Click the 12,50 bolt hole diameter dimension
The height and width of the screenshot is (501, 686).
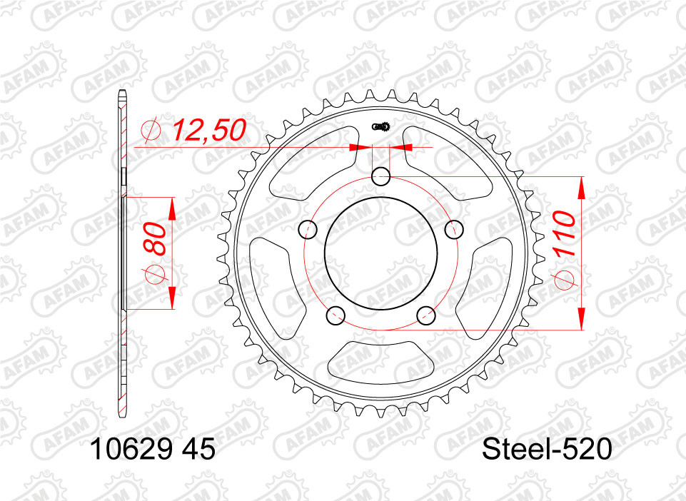coord(208,130)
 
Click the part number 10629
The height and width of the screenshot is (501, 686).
coord(128,450)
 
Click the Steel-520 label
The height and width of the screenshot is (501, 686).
coord(546,450)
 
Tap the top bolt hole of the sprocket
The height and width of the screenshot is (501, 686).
coord(380,177)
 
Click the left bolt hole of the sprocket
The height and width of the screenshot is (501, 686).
coord(308,229)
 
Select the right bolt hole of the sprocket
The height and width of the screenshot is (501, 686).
coord(454,229)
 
